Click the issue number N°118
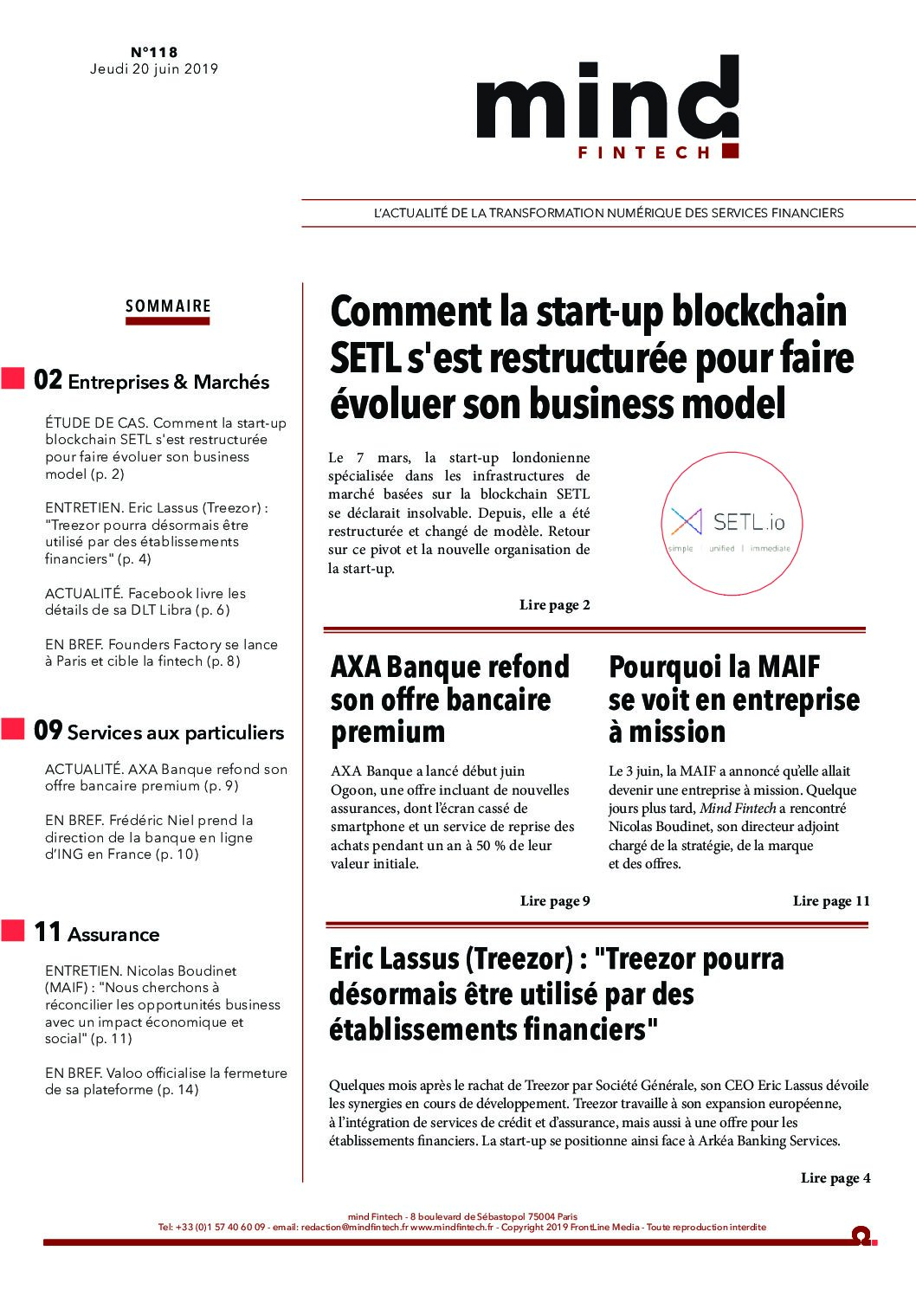[x=154, y=53]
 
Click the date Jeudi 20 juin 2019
[x=154, y=69]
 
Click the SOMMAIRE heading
[x=168, y=306]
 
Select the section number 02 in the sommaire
[x=48, y=380]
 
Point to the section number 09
[x=48, y=731]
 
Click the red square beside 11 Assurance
[x=12, y=932]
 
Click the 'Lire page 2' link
[x=554, y=605]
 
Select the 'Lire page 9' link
[x=555, y=901]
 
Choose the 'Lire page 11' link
[x=831, y=901]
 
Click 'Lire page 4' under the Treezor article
[x=835, y=1178]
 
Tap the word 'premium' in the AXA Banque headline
[x=388, y=732]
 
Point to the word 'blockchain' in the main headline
[x=758, y=312]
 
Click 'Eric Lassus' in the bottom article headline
[x=393, y=959]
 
